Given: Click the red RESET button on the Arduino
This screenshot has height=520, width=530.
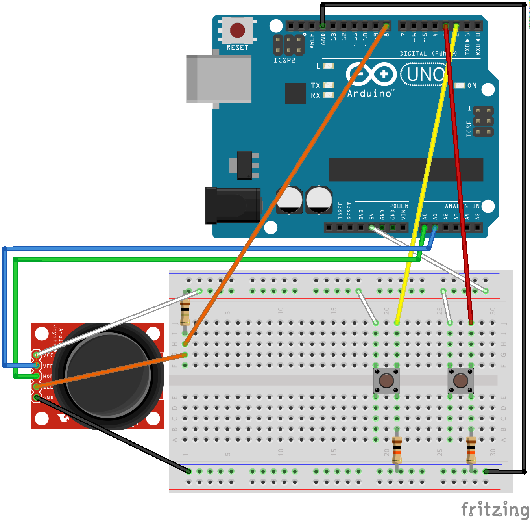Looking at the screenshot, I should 237,30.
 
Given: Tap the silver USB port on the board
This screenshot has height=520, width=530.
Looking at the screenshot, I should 219,79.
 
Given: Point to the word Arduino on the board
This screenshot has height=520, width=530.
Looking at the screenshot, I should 369,93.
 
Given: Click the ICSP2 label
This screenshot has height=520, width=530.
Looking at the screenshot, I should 284,60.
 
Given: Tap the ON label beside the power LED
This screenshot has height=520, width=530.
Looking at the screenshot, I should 472,85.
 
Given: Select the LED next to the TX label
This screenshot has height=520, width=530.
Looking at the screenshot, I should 328,85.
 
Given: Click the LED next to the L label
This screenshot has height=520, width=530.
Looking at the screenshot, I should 328,66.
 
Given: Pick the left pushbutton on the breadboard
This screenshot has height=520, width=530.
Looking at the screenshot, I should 386,381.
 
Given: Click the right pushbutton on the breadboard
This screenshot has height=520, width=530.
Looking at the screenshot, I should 460,381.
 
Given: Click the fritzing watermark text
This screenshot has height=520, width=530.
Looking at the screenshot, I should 495,509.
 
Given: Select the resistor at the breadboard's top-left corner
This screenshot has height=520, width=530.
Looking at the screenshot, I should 185,311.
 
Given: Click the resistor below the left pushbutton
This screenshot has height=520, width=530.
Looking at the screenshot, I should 397,450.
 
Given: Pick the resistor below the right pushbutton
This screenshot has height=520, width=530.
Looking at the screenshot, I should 471,450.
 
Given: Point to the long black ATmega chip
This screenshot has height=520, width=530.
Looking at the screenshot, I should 405,169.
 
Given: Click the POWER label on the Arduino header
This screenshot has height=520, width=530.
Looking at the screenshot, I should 399,206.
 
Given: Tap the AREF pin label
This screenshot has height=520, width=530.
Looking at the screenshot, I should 312,41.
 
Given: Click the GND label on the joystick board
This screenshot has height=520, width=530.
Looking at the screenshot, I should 48,397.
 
